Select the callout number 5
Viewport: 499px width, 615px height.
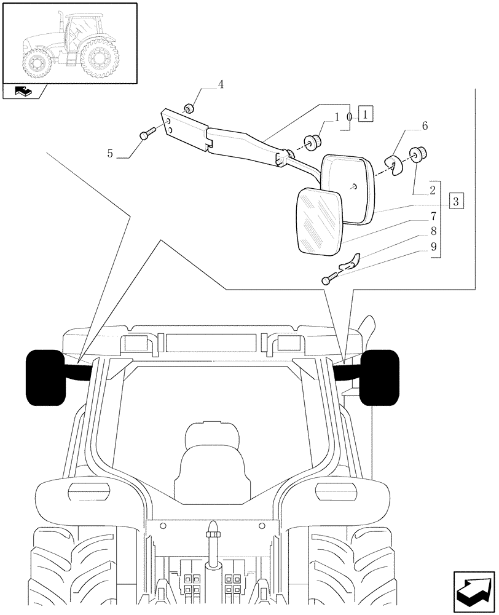point(110,153)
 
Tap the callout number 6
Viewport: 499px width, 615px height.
point(424,126)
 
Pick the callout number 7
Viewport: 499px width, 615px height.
point(433,216)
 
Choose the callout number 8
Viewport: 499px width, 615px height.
point(433,231)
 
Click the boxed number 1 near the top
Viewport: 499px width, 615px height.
point(365,114)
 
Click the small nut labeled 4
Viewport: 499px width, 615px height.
point(191,108)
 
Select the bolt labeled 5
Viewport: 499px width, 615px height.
point(146,133)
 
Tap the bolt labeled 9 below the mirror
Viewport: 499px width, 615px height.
point(328,280)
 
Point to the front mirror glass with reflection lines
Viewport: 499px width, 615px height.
point(320,221)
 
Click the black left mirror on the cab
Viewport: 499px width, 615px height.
point(45,378)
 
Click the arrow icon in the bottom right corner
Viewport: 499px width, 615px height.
point(474,589)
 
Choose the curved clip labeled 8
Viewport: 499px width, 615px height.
point(348,263)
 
